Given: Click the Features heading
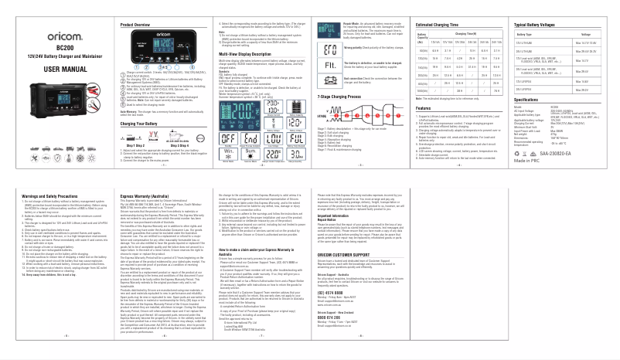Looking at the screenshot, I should (423, 109).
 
